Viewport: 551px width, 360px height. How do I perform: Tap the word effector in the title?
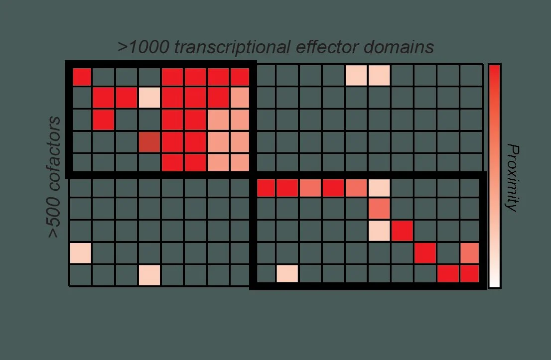[x=325, y=47]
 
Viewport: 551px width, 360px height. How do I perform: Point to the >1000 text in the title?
[x=142, y=47]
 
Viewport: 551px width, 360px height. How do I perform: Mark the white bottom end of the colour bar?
[x=494, y=282]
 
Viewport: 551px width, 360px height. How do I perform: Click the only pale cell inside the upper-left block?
[x=149, y=98]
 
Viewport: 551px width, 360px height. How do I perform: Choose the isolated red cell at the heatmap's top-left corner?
[x=82, y=77]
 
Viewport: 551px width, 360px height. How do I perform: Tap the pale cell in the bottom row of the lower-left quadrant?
[x=149, y=275]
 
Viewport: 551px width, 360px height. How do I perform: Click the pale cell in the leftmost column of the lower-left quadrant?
[x=80, y=253]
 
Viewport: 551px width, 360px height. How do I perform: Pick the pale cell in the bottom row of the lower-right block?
[x=287, y=273]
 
